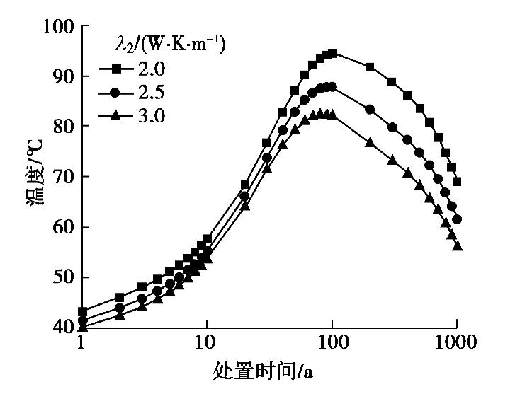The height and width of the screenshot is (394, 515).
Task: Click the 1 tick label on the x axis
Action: point(81,344)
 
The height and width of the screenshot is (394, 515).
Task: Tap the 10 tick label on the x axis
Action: point(206,344)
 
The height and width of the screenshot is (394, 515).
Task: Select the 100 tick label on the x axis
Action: point(332,344)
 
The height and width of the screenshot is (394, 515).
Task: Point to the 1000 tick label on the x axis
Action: point(457,344)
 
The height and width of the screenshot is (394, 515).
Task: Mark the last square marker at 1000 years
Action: point(457,182)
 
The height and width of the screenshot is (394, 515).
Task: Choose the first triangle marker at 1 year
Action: point(82,326)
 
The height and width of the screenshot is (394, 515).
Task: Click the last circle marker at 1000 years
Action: point(457,219)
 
